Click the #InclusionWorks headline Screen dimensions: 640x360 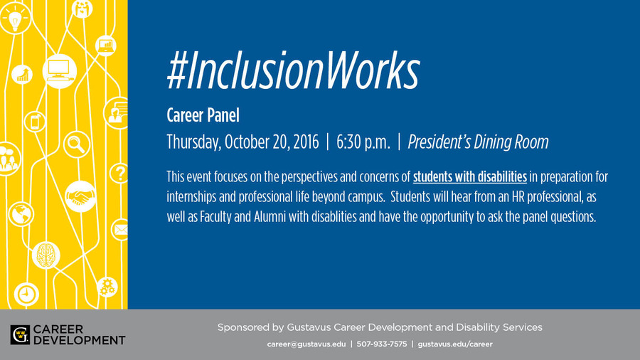click(x=293, y=70)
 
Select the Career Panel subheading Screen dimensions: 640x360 click(x=203, y=115)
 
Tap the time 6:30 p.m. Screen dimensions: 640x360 click(x=363, y=142)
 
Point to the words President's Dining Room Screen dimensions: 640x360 click(x=478, y=142)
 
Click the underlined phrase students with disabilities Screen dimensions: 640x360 click(x=470, y=176)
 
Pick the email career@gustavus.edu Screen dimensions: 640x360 click(x=306, y=344)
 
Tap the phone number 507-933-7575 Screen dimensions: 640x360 click(x=382, y=344)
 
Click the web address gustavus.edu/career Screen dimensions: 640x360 click(x=455, y=344)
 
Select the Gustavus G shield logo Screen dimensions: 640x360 click(x=20, y=334)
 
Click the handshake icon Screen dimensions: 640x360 click(x=80, y=197)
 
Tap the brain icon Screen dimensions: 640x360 click(x=46, y=255)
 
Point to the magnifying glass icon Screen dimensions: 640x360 click(x=77, y=144)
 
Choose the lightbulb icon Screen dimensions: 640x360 click(x=15, y=18)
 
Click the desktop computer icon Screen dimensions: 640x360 click(x=60, y=71)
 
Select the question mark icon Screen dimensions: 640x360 click(x=119, y=173)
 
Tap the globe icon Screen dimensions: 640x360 click(x=21, y=214)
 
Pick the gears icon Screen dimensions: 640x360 click(x=107, y=287)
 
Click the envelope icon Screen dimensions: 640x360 click(x=120, y=230)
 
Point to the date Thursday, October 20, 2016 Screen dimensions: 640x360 click(x=242, y=142)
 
